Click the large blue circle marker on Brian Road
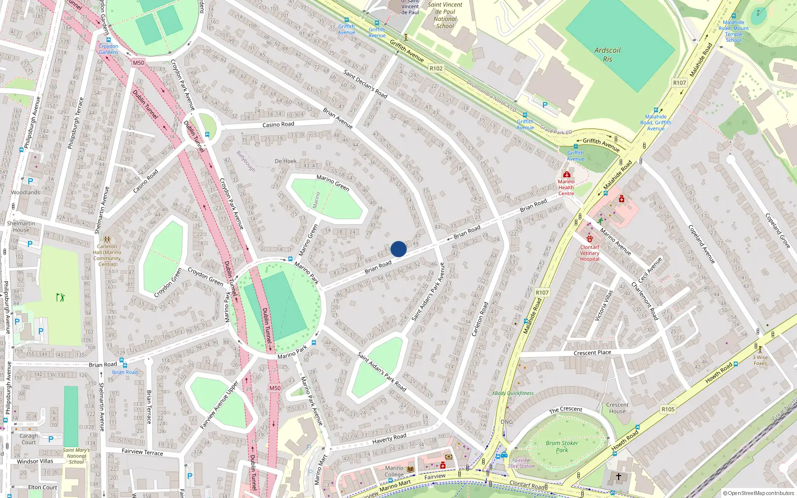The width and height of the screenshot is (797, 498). tap(398, 249)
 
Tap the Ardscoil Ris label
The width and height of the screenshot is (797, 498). tap(607, 54)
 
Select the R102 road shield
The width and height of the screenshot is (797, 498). tap(436, 69)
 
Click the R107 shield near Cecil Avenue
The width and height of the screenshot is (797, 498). tap(542, 293)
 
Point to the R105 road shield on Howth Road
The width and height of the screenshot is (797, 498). tap(668, 409)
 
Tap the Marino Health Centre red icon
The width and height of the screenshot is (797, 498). tap(566, 174)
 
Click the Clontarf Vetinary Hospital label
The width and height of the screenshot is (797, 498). tap(590, 253)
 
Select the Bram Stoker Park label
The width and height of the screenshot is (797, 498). tap(562, 446)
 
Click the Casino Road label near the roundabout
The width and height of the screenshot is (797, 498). tap(278, 124)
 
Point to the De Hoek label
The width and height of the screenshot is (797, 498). tap(285, 161)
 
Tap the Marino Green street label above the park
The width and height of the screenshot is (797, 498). tap(333, 183)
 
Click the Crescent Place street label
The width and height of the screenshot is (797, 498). tap(592, 353)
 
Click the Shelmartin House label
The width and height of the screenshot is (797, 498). tap(21, 227)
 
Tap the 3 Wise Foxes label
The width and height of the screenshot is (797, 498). tap(760, 360)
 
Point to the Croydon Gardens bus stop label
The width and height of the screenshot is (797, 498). tap(108, 49)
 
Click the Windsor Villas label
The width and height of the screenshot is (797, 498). tap(35, 462)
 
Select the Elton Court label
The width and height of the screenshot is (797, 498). tap(42, 488)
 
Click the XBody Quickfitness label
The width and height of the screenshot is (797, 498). tap(513, 393)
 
